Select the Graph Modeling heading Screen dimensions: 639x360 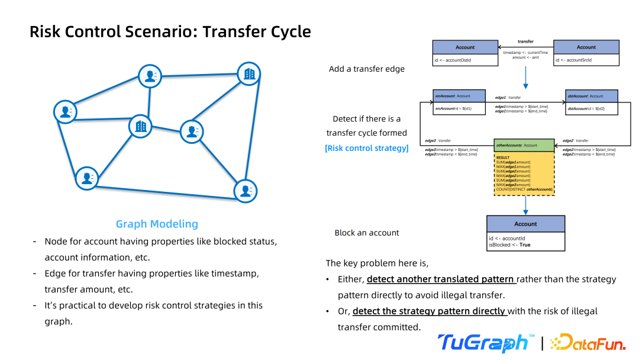pyautogui.click(x=157, y=224)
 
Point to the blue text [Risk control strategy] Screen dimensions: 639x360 pyautogui.click(x=367, y=148)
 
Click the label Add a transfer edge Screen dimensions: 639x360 pyautogui.click(x=367, y=69)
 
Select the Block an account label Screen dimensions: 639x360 pyautogui.click(x=367, y=233)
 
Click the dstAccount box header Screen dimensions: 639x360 pyautogui.click(x=592, y=96)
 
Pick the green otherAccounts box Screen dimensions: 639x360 pyautogui.click(x=524, y=145)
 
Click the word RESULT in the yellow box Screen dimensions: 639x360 pyautogui.click(x=502, y=157)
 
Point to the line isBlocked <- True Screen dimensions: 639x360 pyautogui.click(x=509, y=245)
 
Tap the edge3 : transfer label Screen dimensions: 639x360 pyautogui.click(x=438, y=141)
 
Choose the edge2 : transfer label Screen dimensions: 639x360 pyautogui.click(x=575, y=141)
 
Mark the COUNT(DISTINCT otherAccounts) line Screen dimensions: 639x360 pyautogui.click(x=524, y=189)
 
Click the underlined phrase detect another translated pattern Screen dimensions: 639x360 pyautogui.click(x=441, y=279)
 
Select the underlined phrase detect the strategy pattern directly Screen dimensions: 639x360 pyautogui.click(x=430, y=311)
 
